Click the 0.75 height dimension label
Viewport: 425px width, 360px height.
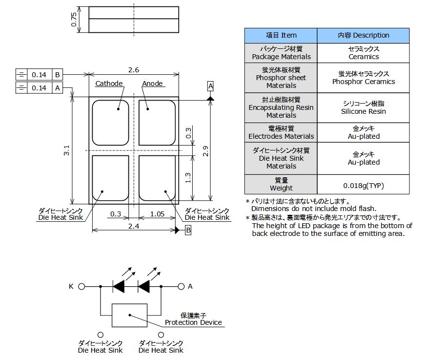(x=74, y=20)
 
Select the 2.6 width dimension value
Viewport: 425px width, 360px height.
(x=134, y=70)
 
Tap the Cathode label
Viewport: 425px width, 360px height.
(x=109, y=84)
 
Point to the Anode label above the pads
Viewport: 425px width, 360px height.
(x=152, y=84)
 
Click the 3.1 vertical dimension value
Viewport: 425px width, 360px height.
(x=67, y=150)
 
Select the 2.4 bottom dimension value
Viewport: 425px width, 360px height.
(x=134, y=226)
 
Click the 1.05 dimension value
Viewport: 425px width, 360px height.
(x=157, y=214)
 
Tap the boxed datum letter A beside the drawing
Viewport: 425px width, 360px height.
(x=210, y=86)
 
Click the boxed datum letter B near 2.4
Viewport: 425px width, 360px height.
(x=188, y=230)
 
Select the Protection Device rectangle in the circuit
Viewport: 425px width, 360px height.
(x=129, y=315)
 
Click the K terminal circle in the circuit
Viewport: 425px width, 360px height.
(x=82, y=287)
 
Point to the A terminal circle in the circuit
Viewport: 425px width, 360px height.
(x=181, y=287)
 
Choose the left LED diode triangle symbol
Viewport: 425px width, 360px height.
(x=119, y=287)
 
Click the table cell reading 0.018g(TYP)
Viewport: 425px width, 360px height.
(x=364, y=186)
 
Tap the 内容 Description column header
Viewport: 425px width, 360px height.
(x=364, y=35)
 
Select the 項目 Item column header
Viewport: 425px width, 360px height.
(x=281, y=35)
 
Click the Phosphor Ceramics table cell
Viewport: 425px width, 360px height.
(x=364, y=78)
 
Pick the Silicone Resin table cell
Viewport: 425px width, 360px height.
(x=364, y=107)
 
